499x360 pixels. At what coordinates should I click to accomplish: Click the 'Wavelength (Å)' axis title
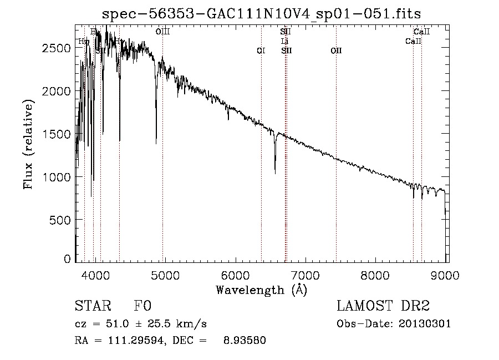click(x=261, y=290)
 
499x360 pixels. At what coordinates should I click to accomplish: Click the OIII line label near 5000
click(x=162, y=32)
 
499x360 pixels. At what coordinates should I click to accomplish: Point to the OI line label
click(x=261, y=50)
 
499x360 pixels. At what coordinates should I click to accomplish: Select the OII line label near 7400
click(x=336, y=50)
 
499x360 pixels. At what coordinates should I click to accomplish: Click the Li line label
click(x=285, y=41)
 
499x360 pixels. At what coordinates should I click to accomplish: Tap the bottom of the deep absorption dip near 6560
click(x=275, y=173)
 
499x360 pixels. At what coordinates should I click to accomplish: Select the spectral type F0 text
click(x=142, y=306)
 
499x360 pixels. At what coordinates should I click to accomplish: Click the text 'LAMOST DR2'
click(x=383, y=306)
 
